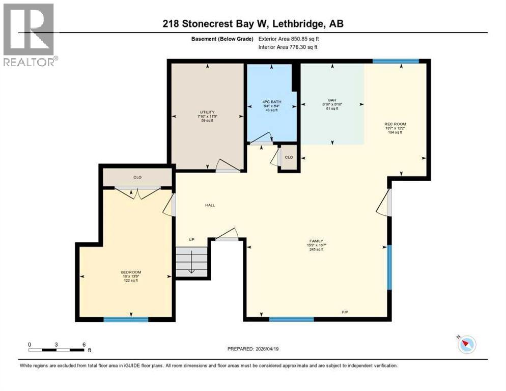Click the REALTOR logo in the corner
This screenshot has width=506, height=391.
click(29, 34)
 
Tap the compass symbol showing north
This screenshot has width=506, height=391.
click(466, 345)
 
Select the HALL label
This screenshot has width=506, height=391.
click(210, 205)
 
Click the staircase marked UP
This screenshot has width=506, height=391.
click(192, 261)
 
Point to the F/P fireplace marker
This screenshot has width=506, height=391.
click(345, 312)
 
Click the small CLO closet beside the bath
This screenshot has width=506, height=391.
click(289, 157)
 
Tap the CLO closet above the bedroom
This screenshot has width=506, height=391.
click(137, 177)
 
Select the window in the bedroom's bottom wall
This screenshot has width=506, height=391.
click(126, 319)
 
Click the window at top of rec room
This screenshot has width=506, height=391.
click(396, 61)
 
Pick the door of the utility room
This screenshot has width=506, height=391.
click(227, 167)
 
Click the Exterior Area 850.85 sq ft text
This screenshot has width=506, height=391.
click(289, 38)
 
